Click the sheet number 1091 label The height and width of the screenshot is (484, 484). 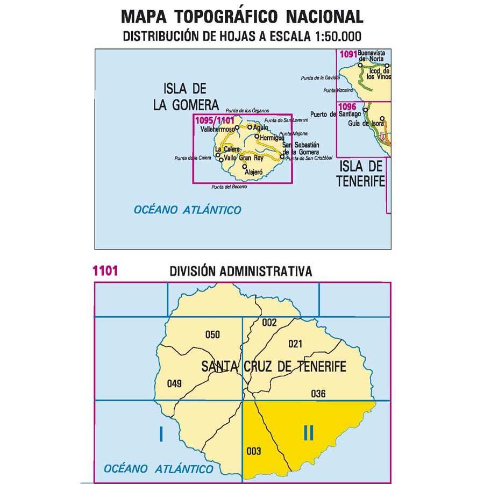pyautogui.click(x=347, y=54)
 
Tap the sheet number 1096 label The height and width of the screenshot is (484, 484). pyautogui.click(x=347, y=106)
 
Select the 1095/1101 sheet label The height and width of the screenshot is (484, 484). pyautogui.click(x=215, y=120)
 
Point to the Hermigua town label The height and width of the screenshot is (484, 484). pyautogui.click(x=271, y=138)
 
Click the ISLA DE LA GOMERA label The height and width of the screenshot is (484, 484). pyautogui.click(x=185, y=97)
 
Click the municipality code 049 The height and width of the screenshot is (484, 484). pyautogui.click(x=175, y=383)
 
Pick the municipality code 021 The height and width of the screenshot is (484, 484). pyautogui.click(x=296, y=344)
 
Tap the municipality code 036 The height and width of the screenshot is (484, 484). pyautogui.click(x=318, y=393)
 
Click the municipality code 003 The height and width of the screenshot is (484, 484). pyautogui.click(x=253, y=451)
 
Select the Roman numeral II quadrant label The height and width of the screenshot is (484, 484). pyautogui.click(x=308, y=432)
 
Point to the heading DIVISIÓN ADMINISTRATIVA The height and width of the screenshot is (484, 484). pyautogui.click(x=240, y=271)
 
